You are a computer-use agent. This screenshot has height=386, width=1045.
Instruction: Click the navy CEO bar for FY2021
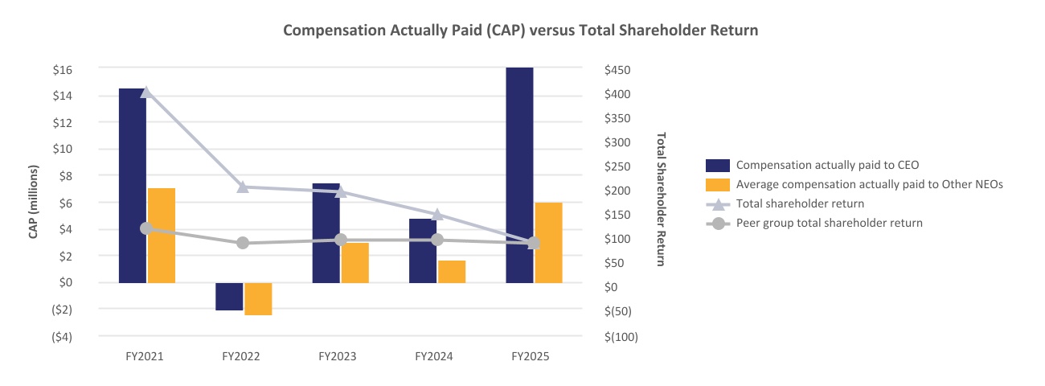(133, 185)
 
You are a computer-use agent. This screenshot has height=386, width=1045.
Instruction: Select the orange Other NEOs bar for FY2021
(162, 236)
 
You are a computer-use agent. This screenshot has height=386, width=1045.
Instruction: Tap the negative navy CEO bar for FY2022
(229, 297)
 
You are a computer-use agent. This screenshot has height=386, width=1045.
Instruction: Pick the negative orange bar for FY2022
(258, 298)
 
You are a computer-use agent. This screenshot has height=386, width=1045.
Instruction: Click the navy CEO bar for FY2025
(520, 175)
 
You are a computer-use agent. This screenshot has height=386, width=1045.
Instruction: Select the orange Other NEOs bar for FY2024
(452, 272)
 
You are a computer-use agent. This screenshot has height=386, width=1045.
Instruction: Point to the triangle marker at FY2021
(146, 92)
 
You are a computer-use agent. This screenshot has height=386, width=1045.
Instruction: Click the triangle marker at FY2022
(243, 187)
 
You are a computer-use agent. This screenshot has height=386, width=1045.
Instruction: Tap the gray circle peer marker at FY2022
(243, 243)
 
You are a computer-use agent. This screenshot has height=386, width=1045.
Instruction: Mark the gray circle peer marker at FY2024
(437, 240)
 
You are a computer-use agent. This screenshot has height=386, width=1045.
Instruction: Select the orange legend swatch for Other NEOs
(718, 185)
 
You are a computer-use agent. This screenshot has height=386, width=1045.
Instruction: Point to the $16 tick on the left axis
(63, 70)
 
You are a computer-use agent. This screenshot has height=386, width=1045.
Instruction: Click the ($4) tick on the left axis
(62, 337)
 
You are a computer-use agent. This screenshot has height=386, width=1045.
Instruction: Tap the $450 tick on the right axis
(617, 70)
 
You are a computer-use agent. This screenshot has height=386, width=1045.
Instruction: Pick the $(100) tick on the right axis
(621, 337)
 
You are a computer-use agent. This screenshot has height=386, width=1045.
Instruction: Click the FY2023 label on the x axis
(338, 356)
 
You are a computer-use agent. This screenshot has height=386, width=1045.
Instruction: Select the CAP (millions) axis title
(33, 202)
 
